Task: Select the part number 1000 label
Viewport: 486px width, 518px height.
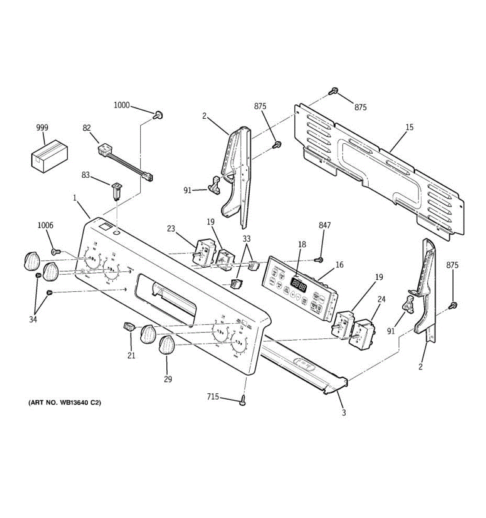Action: pyautogui.click(x=121, y=105)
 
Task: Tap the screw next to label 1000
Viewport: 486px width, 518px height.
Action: pyautogui.click(x=158, y=114)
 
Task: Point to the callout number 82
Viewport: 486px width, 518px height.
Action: pyautogui.click(x=87, y=127)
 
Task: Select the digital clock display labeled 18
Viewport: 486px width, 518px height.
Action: pyautogui.click(x=299, y=285)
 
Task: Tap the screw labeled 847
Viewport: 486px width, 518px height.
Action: pyautogui.click(x=320, y=259)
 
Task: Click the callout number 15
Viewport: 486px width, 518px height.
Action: pyautogui.click(x=409, y=127)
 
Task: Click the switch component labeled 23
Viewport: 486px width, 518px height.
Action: pyautogui.click(x=202, y=251)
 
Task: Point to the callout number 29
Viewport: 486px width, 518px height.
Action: pyautogui.click(x=168, y=379)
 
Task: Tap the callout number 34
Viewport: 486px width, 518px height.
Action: pyautogui.click(x=33, y=319)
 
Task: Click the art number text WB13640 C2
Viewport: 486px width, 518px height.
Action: pyautogui.click(x=64, y=403)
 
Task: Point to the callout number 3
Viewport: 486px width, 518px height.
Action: pyautogui.click(x=344, y=413)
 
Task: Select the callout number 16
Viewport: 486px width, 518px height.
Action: pyautogui.click(x=340, y=265)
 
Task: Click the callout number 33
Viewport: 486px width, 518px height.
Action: pyautogui.click(x=246, y=238)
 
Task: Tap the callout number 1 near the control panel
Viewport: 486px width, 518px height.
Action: pyautogui.click(x=74, y=198)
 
